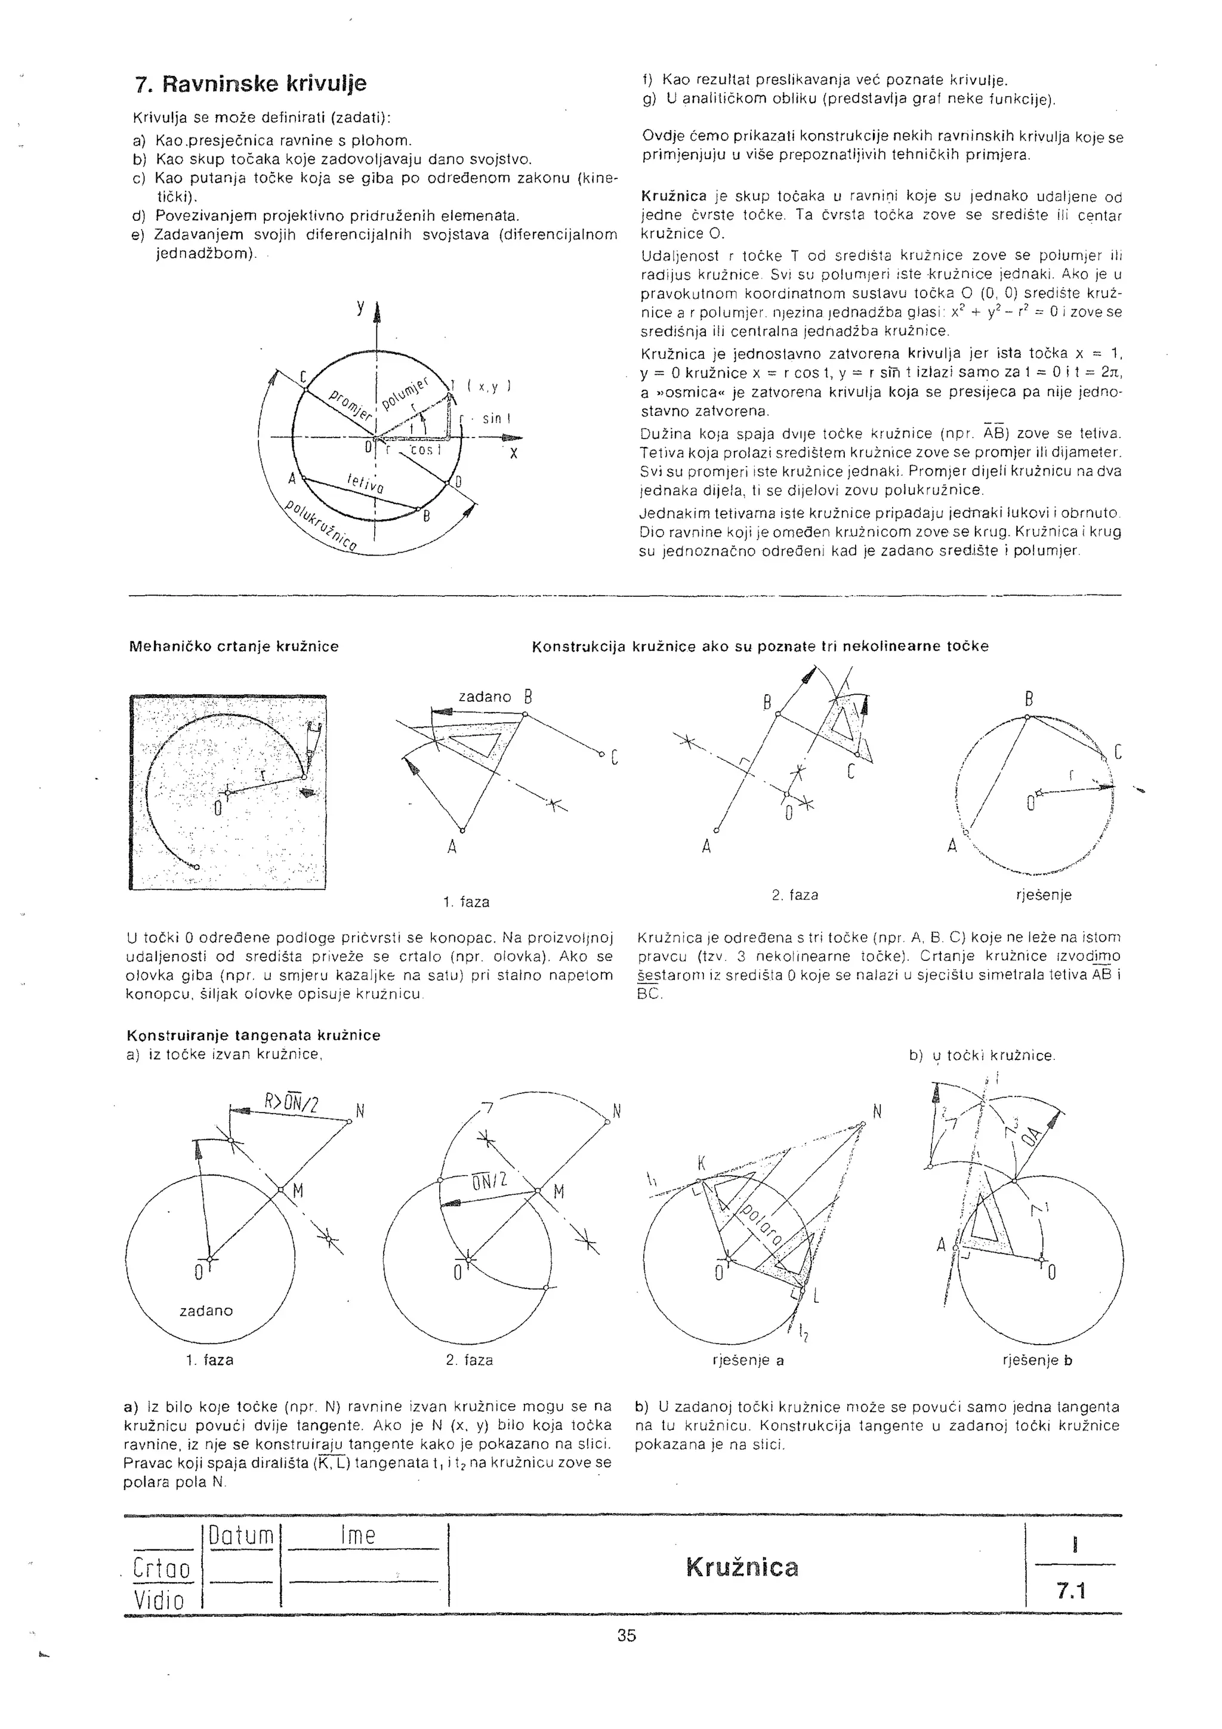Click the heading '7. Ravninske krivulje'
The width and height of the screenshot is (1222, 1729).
tap(250, 84)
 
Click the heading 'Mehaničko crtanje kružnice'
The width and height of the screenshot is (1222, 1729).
tap(234, 646)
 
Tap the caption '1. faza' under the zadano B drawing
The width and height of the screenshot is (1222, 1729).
tap(466, 901)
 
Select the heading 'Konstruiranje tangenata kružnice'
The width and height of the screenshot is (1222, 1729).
tap(254, 1035)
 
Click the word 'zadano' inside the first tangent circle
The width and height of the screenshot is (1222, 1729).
tap(206, 1310)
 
